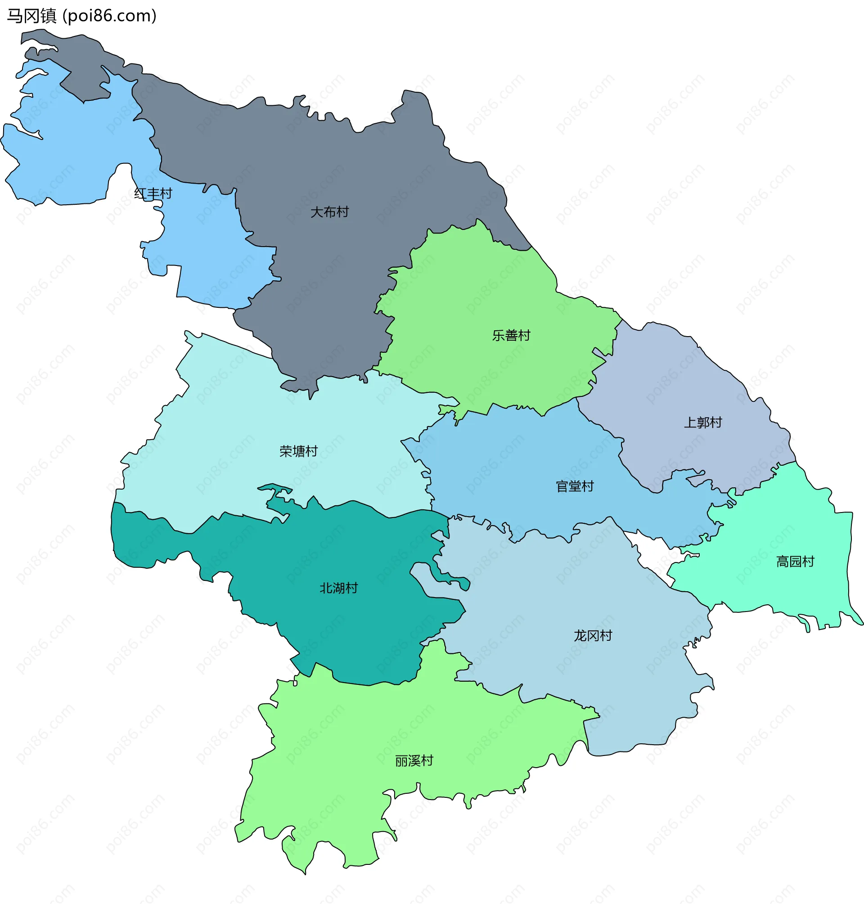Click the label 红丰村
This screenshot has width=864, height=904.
tap(153, 193)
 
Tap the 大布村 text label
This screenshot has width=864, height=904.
tap(329, 212)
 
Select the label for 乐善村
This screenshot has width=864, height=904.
tap(511, 335)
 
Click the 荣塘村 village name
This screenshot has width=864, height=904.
tap(298, 451)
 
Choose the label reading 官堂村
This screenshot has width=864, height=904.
tap(575, 486)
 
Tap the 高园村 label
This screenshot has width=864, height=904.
tap(796, 562)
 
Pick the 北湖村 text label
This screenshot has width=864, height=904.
tap(338, 588)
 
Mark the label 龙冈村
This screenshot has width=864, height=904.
tap(593, 635)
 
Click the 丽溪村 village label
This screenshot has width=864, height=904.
tap(414, 761)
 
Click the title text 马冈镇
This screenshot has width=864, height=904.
tap(31, 16)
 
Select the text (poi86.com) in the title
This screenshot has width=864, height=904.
tap(110, 16)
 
